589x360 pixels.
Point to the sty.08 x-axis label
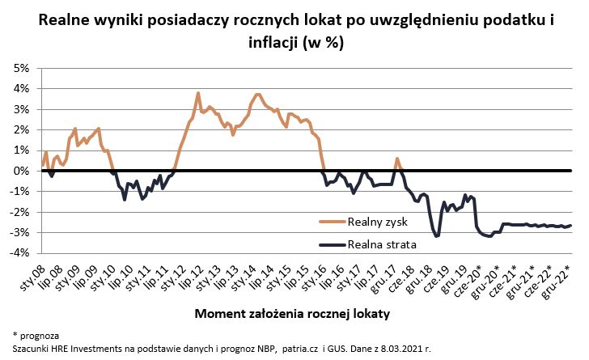point(31,276)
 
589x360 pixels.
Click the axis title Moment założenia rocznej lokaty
point(294,312)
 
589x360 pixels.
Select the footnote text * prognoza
point(36,334)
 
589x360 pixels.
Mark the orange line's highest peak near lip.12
point(198,93)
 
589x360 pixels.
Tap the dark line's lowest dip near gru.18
point(437,235)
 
